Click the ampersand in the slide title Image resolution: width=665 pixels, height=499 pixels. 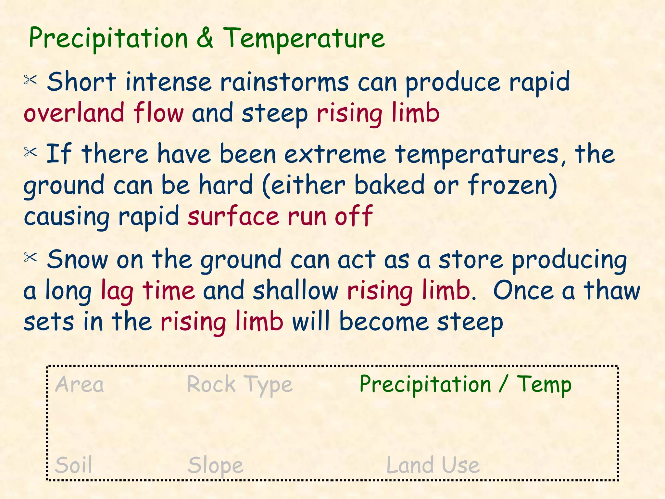[205, 38]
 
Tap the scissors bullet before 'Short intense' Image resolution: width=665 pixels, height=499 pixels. [31, 80]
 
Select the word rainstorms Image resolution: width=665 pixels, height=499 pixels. [284, 82]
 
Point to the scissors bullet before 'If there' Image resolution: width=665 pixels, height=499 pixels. [31, 152]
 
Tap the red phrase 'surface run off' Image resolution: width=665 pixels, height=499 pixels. [280, 216]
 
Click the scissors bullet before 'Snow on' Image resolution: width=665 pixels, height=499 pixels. [31, 258]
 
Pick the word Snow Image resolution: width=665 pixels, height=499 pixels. [77, 260]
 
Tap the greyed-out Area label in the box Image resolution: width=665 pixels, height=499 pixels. [80, 385]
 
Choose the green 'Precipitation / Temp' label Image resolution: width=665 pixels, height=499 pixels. [465, 385]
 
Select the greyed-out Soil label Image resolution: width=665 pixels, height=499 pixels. [74, 465]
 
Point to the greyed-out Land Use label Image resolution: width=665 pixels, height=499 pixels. [433, 465]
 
